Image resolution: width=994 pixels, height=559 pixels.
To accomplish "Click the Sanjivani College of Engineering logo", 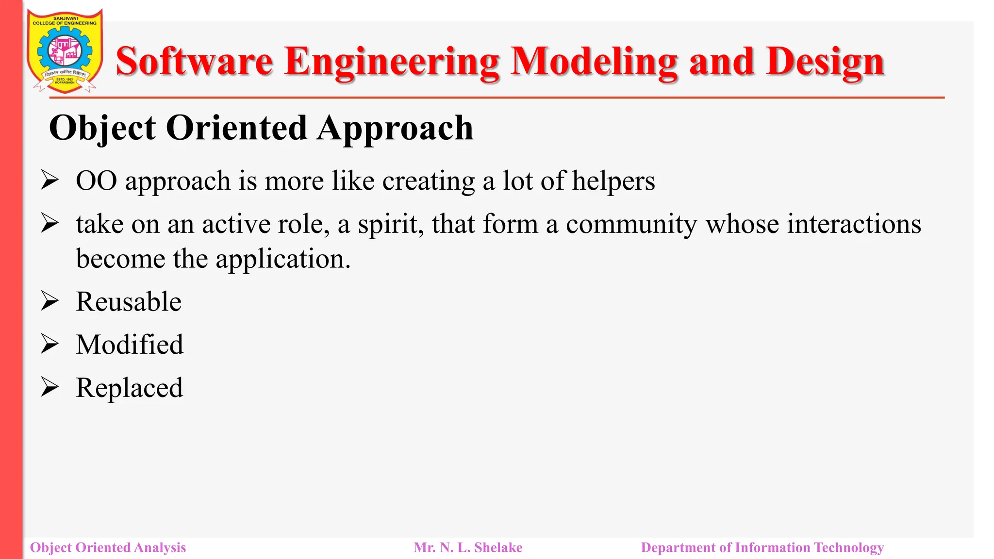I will click(65, 51).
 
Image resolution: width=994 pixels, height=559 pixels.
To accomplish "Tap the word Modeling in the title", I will click(594, 62).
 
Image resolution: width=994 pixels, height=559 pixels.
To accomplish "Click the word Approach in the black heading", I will click(395, 128).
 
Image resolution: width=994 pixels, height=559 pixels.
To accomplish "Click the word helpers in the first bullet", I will click(613, 181).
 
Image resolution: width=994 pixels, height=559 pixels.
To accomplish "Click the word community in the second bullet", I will click(631, 225).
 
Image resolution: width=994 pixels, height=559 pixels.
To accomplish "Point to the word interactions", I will click(813, 224).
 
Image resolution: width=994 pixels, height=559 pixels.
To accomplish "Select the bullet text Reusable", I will click(129, 302).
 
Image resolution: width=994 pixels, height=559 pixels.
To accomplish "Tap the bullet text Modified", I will click(130, 345).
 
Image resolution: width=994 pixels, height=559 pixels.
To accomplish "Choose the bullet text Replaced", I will click(129, 388).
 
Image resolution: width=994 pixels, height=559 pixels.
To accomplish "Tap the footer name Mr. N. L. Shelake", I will click(468, 547).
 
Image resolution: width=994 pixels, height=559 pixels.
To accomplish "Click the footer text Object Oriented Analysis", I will click(108, 547).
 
